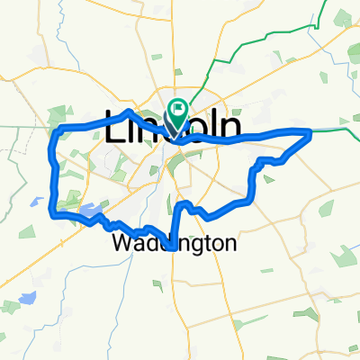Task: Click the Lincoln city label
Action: point(174,130)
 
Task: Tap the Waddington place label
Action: point(175,243)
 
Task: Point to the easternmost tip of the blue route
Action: point(310,133)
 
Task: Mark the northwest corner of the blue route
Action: point(58,131)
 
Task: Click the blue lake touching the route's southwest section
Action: point(88,212)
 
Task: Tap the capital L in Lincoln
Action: point(118,130)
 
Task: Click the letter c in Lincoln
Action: point(181,131)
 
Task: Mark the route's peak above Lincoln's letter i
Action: point(131,112)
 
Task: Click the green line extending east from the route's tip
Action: point(337,131)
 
